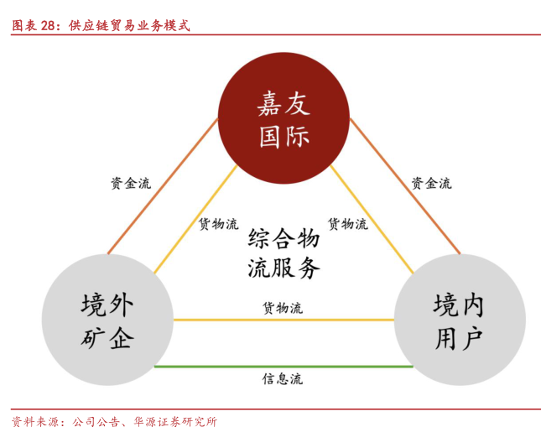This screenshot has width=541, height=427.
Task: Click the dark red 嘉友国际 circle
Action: (x=284, y=118)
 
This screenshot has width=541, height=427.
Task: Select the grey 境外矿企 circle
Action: (x=107, y=320)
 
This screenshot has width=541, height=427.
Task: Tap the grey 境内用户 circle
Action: (x=460, y=320)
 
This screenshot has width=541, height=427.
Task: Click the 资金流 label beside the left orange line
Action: (x=131, y=183)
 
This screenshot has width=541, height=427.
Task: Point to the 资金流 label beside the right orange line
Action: (x=431, y=183)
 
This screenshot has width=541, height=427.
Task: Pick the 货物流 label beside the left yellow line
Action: (x=218, y=224)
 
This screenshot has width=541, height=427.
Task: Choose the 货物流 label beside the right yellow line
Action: (x=348, y=224)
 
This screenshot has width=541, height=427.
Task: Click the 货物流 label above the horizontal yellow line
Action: (x=283, y=308)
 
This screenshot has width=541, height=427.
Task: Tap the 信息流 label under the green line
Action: (x=283, y=379)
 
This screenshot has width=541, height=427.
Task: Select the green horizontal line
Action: (x=284, y=367)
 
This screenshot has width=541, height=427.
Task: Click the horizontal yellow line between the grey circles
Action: (x=284, y=320)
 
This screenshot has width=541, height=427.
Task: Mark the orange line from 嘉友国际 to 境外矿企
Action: (x=163, y=186)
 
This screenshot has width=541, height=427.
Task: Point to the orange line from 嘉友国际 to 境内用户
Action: (x=405, y=186)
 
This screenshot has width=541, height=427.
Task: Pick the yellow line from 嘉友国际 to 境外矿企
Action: (x=195, y=220)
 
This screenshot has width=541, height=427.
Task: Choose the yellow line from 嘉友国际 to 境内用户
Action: (x=372, y=220)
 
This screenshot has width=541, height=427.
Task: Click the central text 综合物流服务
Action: (x=284, y=253)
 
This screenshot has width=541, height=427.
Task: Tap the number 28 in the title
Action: (x=48, y=25)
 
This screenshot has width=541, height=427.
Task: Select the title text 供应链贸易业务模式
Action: (x=129, y=25)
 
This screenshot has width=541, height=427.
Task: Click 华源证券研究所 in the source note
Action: (x=175, y=421)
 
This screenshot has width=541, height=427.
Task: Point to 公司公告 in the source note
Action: (x=96, y=421)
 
